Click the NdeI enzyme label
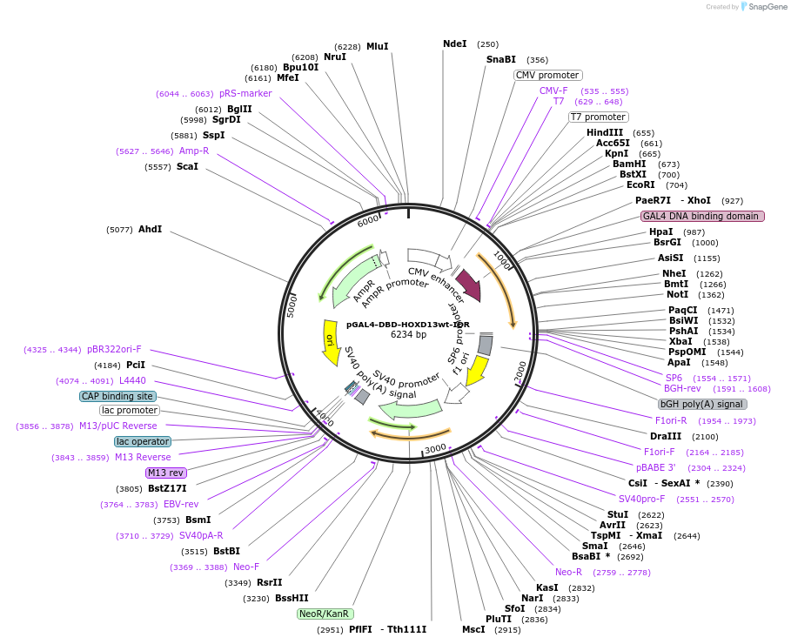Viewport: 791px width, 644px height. coord(455,44)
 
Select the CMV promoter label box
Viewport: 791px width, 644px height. coord(547,76)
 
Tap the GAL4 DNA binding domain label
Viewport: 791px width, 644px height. coord(702,216)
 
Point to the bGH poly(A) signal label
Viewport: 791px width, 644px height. coord(702,404)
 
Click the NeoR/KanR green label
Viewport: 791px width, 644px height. coord(325,614)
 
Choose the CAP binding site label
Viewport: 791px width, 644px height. coord(117,396)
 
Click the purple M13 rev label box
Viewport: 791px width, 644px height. coord(165,473)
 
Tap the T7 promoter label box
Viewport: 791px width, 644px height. coord(598,117)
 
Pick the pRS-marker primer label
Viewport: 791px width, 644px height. coord(245,93)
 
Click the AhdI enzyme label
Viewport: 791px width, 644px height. coord(150,229)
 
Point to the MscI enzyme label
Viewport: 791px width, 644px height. coord(473,629)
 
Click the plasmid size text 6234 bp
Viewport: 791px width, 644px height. coord(408,334)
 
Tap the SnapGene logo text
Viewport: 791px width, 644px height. coord(763,7)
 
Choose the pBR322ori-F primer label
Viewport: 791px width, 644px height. coord(114,349)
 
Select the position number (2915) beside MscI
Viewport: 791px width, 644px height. coord(506,629)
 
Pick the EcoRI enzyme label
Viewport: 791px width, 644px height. coord(640,184)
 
